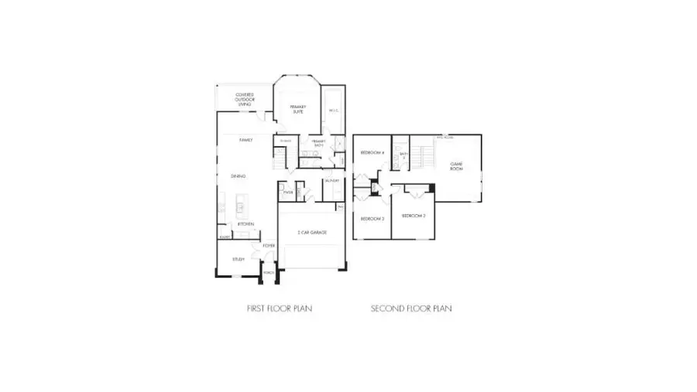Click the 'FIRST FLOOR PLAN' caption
[280, 308]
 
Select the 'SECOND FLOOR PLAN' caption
[411, 308]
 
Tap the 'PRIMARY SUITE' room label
[298, 109]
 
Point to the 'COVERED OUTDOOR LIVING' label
[245, 98]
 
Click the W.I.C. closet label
[333, 111]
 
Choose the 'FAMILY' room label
[245, 140]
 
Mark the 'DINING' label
[238, 177]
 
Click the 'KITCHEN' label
[245, 224]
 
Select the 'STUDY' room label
[238, 259]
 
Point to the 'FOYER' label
[268, 246]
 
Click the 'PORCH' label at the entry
[269, 272]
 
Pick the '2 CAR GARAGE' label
[311, 232]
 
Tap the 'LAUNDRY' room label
[332, 181]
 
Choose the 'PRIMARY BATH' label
[318, 143]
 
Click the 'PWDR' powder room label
[288, 192]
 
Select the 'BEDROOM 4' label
[372, 153]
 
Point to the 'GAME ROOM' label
[456, 165]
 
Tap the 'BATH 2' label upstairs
[403, 155]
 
